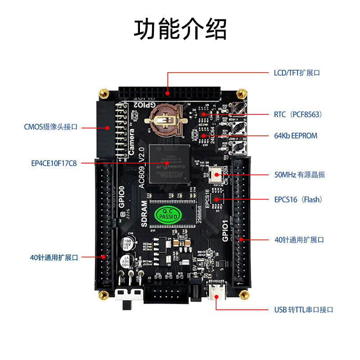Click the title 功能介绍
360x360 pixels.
(x=180, y=29)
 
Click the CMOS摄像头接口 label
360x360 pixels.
(x=51, y=127)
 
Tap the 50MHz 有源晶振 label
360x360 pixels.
(x=299, y=175)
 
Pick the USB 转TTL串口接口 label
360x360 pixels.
(x=304, y=310)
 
